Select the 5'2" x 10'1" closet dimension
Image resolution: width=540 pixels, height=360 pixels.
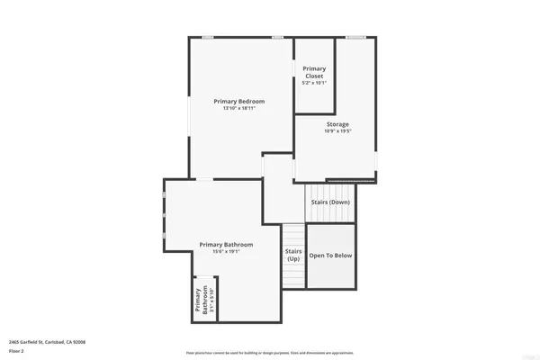[314, 84]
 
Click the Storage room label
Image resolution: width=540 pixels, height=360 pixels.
[337, 124]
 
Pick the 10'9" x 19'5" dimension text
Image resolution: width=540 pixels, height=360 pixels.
[337, 131]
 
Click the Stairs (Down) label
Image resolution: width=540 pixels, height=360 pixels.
[331, 202]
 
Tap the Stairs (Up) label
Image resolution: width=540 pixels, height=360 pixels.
[293, 255]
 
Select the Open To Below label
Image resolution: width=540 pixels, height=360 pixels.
[331, 256]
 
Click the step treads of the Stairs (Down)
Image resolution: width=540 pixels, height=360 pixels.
[331, 190]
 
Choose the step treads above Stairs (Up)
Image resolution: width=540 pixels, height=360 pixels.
[293, 233]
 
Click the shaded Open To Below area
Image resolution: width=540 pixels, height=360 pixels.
[331, 270]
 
